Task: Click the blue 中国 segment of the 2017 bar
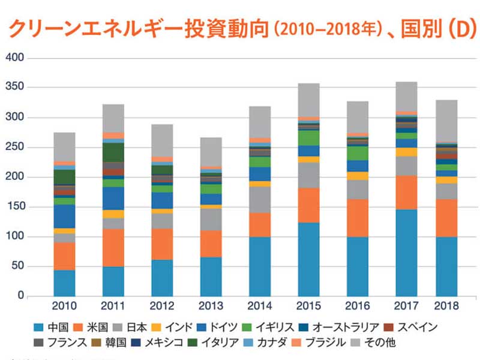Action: pyautogui.click(x=407, y=253)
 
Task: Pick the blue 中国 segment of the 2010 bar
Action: pyautogui.click(x=65, y=283)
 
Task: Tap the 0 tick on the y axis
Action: pyautogui.click(x=20, y=296)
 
